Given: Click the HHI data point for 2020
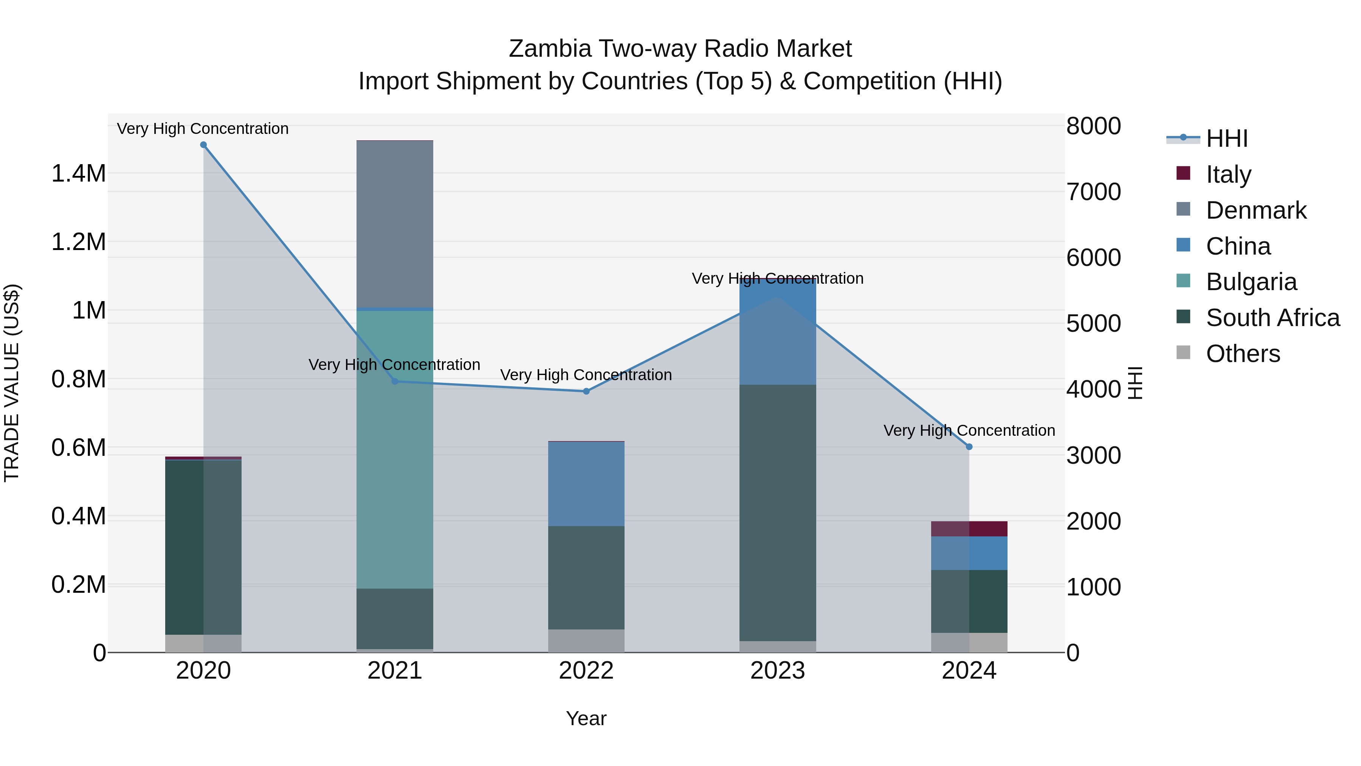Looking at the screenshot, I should (203, 145).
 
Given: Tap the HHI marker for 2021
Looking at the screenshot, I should (395, 381).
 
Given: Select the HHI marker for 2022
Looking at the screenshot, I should (586, 391).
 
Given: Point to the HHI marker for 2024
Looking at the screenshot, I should (969, 447).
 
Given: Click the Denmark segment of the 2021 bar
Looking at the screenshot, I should (395, 224).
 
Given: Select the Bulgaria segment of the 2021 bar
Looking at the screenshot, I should (395, 449).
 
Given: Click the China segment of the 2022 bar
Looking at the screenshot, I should (586, 484).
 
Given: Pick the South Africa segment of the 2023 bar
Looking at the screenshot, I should (777, 513).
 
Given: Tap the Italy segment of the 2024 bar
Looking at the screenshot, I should (969, 529).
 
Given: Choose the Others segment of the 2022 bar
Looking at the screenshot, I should (586, 641).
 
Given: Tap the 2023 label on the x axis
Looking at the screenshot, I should (777, 671).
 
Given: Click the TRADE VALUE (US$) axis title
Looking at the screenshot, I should (12, 383).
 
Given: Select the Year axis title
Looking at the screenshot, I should (586, 718).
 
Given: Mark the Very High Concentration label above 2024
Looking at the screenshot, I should (969, 430).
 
